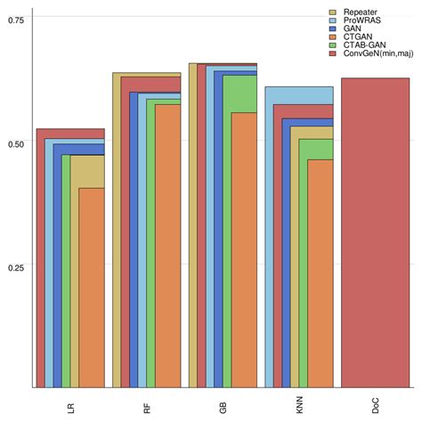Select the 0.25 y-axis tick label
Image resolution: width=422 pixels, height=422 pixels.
pos(15,265)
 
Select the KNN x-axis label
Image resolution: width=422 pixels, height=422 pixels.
pos(300,407)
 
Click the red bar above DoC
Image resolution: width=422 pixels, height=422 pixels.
pos(375,232)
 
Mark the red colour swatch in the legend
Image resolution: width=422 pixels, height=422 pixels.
pos(333,54)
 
